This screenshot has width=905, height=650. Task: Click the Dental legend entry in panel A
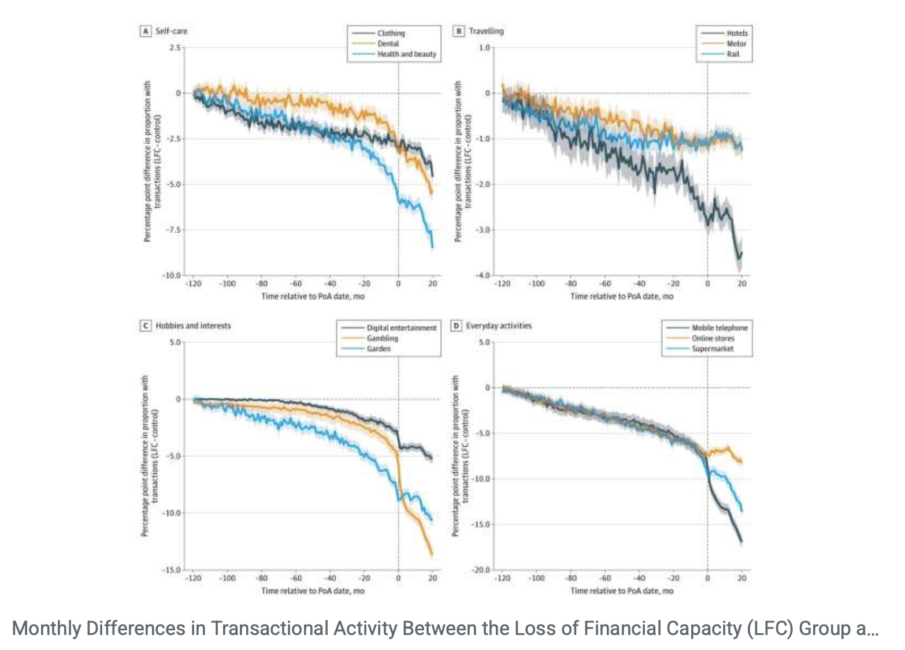click(x=388, y=44)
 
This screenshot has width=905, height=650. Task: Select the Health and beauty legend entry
click(x=406, y=54)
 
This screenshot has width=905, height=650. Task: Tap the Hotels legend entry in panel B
click(x=737, y=33)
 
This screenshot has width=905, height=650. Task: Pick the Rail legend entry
click(x=733, y=54)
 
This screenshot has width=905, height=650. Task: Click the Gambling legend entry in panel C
click(x=382, y=338)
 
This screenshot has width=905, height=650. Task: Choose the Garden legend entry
click(x=379, y=349)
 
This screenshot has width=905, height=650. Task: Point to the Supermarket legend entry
click(x=713, y=349)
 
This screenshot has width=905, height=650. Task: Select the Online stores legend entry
click(x=713, y=338)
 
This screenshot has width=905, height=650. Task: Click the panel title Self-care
click(x=171, y=31)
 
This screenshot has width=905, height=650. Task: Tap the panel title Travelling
click(x=486, y=31)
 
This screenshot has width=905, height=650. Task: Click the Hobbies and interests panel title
click(x=193, y=326)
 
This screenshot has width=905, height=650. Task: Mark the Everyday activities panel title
click(x=499, y=326)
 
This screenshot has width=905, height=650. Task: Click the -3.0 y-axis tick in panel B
click(x=482, y=230)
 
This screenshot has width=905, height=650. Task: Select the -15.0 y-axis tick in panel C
click(x=171, y=570)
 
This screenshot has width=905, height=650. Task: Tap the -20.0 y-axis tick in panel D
click(x=481, y=570)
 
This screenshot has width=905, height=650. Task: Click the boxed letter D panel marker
click(x=457, y=326)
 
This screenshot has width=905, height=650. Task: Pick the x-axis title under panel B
click(x=622, y=296)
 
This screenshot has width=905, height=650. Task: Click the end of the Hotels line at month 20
click(x=741, y=253)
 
